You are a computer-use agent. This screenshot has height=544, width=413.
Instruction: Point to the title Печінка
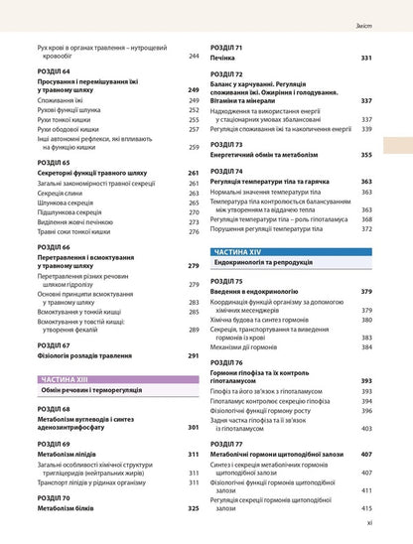224,60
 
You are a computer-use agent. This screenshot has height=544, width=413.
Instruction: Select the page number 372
366,228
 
